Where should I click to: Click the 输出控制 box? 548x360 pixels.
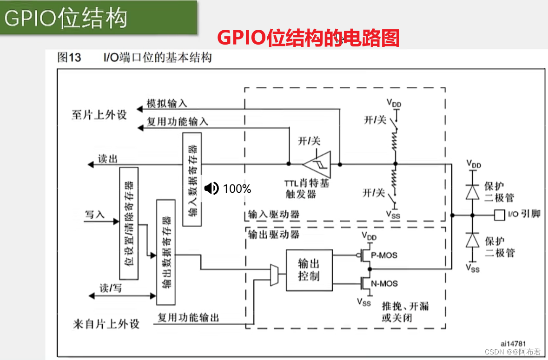(x=309, y=270)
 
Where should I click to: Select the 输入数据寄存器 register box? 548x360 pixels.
(x=192, y=179)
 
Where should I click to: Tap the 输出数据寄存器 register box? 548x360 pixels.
(x=166, y=252)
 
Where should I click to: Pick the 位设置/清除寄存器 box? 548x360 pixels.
(x=129, y=223)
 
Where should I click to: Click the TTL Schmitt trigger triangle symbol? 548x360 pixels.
(x=316, y=164)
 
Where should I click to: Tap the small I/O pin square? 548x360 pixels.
(x=499, y=215)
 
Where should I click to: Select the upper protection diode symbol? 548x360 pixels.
(x=473, y=191)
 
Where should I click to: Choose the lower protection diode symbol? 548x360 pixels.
(x=473, y=240)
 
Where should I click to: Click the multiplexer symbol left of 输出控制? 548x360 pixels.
(x=274, y=275)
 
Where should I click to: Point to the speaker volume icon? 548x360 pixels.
(x=211, y=188)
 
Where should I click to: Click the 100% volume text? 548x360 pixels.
(x=237, y=189)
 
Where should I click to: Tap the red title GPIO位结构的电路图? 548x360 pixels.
(x=308, y=39)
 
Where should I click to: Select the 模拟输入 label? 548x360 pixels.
(x=167, y=104)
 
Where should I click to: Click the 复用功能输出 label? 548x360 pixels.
(x=188, y=318)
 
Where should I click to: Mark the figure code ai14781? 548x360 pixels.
(x=514, y=343)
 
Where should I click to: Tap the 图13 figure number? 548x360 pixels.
(x=69, y=58)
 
